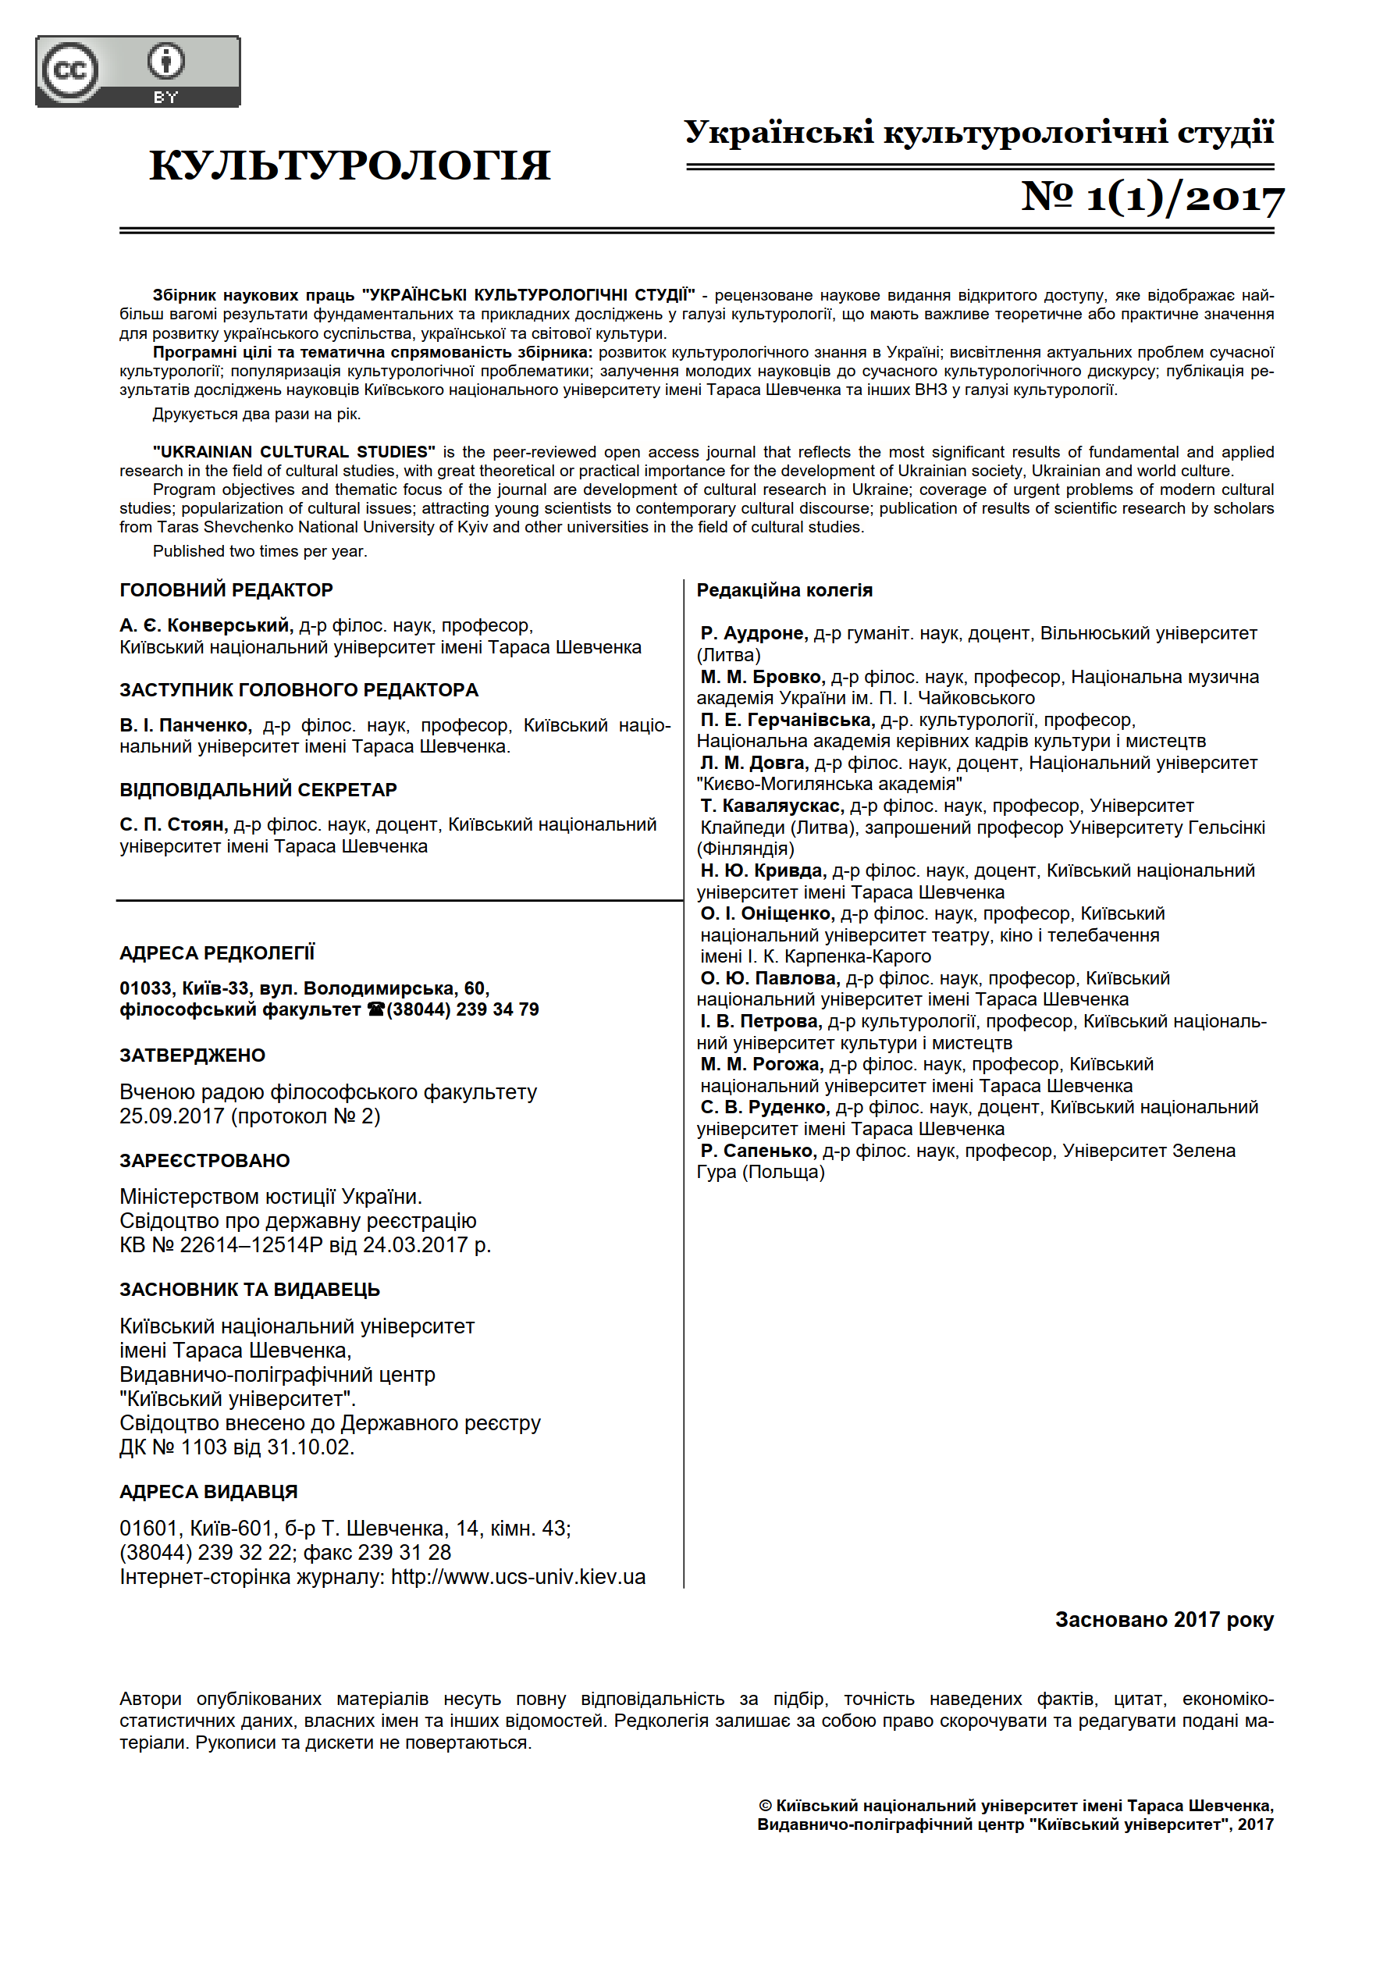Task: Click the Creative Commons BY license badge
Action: click(137, 71)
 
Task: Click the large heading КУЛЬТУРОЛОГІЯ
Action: click(350, 165)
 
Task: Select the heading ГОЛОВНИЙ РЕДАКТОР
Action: click(226, 590)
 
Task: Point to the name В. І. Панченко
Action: click(186, 725)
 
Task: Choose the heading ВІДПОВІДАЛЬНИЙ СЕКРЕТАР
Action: click(258, 789)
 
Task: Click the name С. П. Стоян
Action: click(173, 824)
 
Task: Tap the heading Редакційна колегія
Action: click(784, 590)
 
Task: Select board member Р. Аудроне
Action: click(753, 633)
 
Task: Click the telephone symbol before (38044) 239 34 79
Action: click(375, 1010)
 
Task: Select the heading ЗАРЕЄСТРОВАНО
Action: click(204, 1160)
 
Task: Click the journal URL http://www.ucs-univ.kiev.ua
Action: click(518, 1577)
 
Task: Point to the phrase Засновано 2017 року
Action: click(1164, 1620)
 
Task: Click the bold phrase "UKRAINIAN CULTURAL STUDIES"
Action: click(293, 452)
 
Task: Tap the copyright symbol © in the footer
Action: click(765, 1806)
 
